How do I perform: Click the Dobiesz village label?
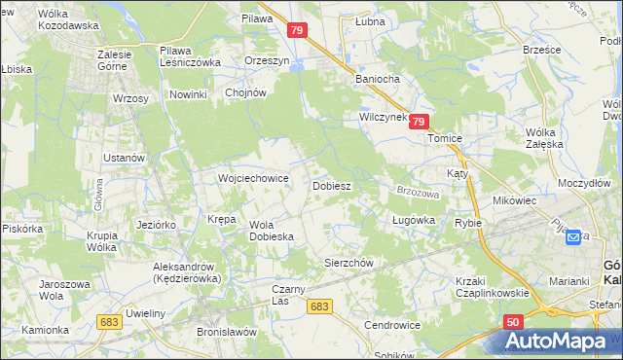click(x=331, y=185)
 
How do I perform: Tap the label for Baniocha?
click(x=379, y=79)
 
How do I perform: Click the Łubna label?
click(x=370, y=20)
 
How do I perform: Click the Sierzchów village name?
click(x=348, y=263)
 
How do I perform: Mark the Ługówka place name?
click(x=413, y=221)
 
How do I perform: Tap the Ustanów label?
click(x=125, y=158)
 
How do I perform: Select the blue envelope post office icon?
click(x=573, y=236)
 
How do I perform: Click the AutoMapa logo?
click(x=560, y=342)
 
